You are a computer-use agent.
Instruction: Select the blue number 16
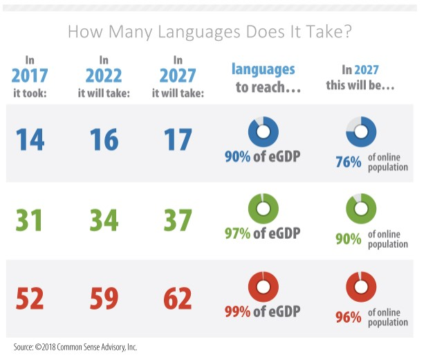click(x=104, y=141)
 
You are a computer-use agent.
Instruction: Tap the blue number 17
click(x=178, y=141)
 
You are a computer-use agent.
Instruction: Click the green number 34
click(x=104, y=220)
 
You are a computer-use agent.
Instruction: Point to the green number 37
click(x=178, y=220)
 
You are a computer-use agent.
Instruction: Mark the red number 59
click(x=104, y=299)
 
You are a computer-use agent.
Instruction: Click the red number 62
click(x=178, y=299)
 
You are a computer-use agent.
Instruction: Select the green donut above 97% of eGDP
click(x=263, y=208)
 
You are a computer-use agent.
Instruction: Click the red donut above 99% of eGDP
click(x=263, y=287)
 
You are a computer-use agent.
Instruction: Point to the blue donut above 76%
click(x=361, y=131)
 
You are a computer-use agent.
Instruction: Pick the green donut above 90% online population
click(x=361, y=208)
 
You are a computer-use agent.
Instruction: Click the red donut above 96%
click(x=361, y=287)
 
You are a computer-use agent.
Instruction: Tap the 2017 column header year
click(x=29, y=75)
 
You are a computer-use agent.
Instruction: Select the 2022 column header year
click(x=104, y=75)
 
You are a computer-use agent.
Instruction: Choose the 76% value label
click(x=348, y=162)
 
